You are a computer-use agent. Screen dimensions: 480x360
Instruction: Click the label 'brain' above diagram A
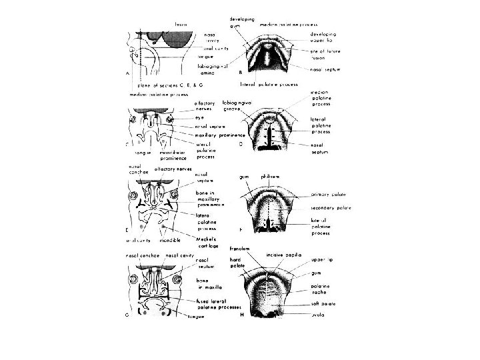pos(181,25)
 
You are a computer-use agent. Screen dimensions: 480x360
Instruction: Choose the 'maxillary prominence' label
pos(219,135)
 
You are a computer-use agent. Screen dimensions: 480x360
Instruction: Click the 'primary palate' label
pos(328,195)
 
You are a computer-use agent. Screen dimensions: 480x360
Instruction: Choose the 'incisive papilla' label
pos(284,255)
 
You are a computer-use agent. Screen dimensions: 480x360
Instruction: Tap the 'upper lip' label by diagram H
pos(323,261)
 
